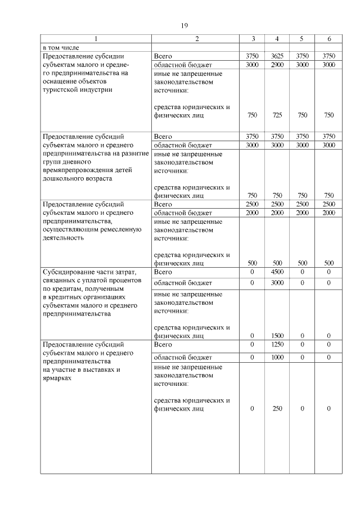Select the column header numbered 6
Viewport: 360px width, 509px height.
329,38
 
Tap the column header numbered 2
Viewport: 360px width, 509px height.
197,38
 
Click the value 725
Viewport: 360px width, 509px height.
277,115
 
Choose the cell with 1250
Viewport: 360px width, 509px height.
277,344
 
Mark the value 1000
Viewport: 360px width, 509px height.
277,357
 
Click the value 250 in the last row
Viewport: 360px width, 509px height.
277,409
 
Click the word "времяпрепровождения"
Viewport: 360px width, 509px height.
78,170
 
